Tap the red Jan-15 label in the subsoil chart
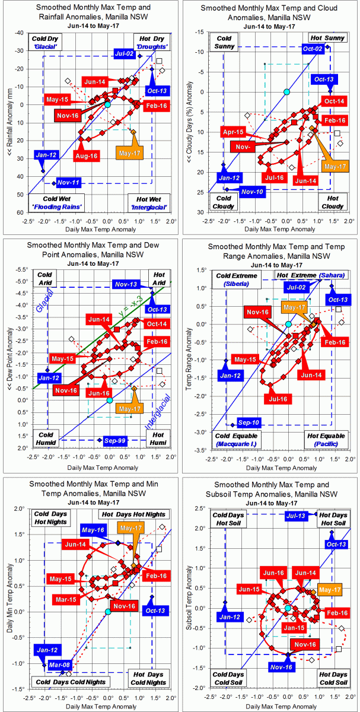coord(294,628)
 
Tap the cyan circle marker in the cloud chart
coord(286,91)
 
